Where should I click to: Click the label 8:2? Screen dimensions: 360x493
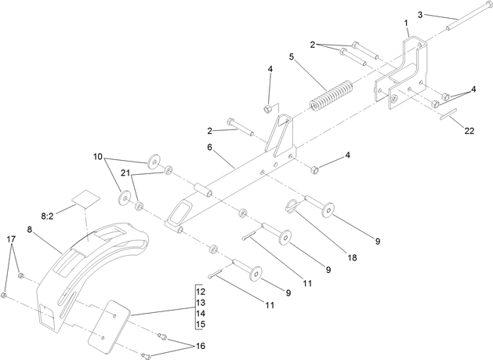pyautogui.click(x=47, y=214)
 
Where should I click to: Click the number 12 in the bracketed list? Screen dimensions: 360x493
pyautogui.click(x=201, y=292)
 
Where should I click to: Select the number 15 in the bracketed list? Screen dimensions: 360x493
pyautogui.click(x=201, y=324)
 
